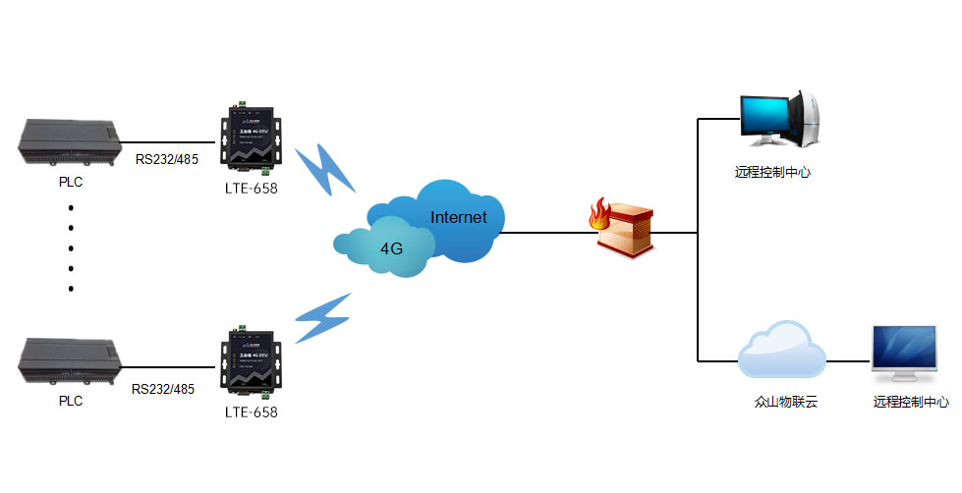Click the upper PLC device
71,142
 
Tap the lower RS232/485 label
163,389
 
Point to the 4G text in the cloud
391,248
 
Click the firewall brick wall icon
628,232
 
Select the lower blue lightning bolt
323,317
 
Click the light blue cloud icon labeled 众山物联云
782,350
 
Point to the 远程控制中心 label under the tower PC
772,172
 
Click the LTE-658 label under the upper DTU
251,189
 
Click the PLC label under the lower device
71,401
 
